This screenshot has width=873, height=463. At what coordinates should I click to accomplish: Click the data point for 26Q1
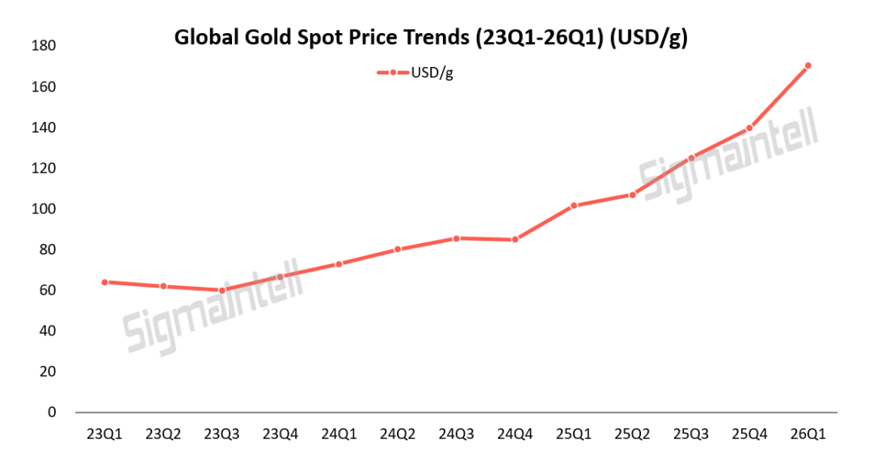pos(808,65)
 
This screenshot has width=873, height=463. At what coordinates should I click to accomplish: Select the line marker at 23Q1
pos(105,282)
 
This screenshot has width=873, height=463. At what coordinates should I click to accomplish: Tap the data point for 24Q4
pos(515,239)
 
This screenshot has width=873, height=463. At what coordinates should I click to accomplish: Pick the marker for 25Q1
pos(573,205)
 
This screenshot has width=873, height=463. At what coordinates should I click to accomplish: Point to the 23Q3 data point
pos(222,290)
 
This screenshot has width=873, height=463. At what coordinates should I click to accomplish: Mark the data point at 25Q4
pos(749,128)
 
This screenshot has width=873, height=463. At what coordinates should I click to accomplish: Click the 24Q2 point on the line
pos(398,249)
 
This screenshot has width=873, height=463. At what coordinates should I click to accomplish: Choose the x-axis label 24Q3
pos(456,435)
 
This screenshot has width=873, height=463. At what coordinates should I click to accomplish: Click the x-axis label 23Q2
pos(163,435)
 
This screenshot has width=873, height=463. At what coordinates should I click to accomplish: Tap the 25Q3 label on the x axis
pos(690,435)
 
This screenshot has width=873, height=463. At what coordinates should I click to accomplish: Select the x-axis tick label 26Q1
pos(808,435)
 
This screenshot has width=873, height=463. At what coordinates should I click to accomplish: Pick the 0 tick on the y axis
pos(52,412)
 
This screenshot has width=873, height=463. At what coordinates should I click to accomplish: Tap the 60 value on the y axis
pos(48,290)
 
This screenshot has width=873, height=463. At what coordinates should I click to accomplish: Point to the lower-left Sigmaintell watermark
pos(213,306)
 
